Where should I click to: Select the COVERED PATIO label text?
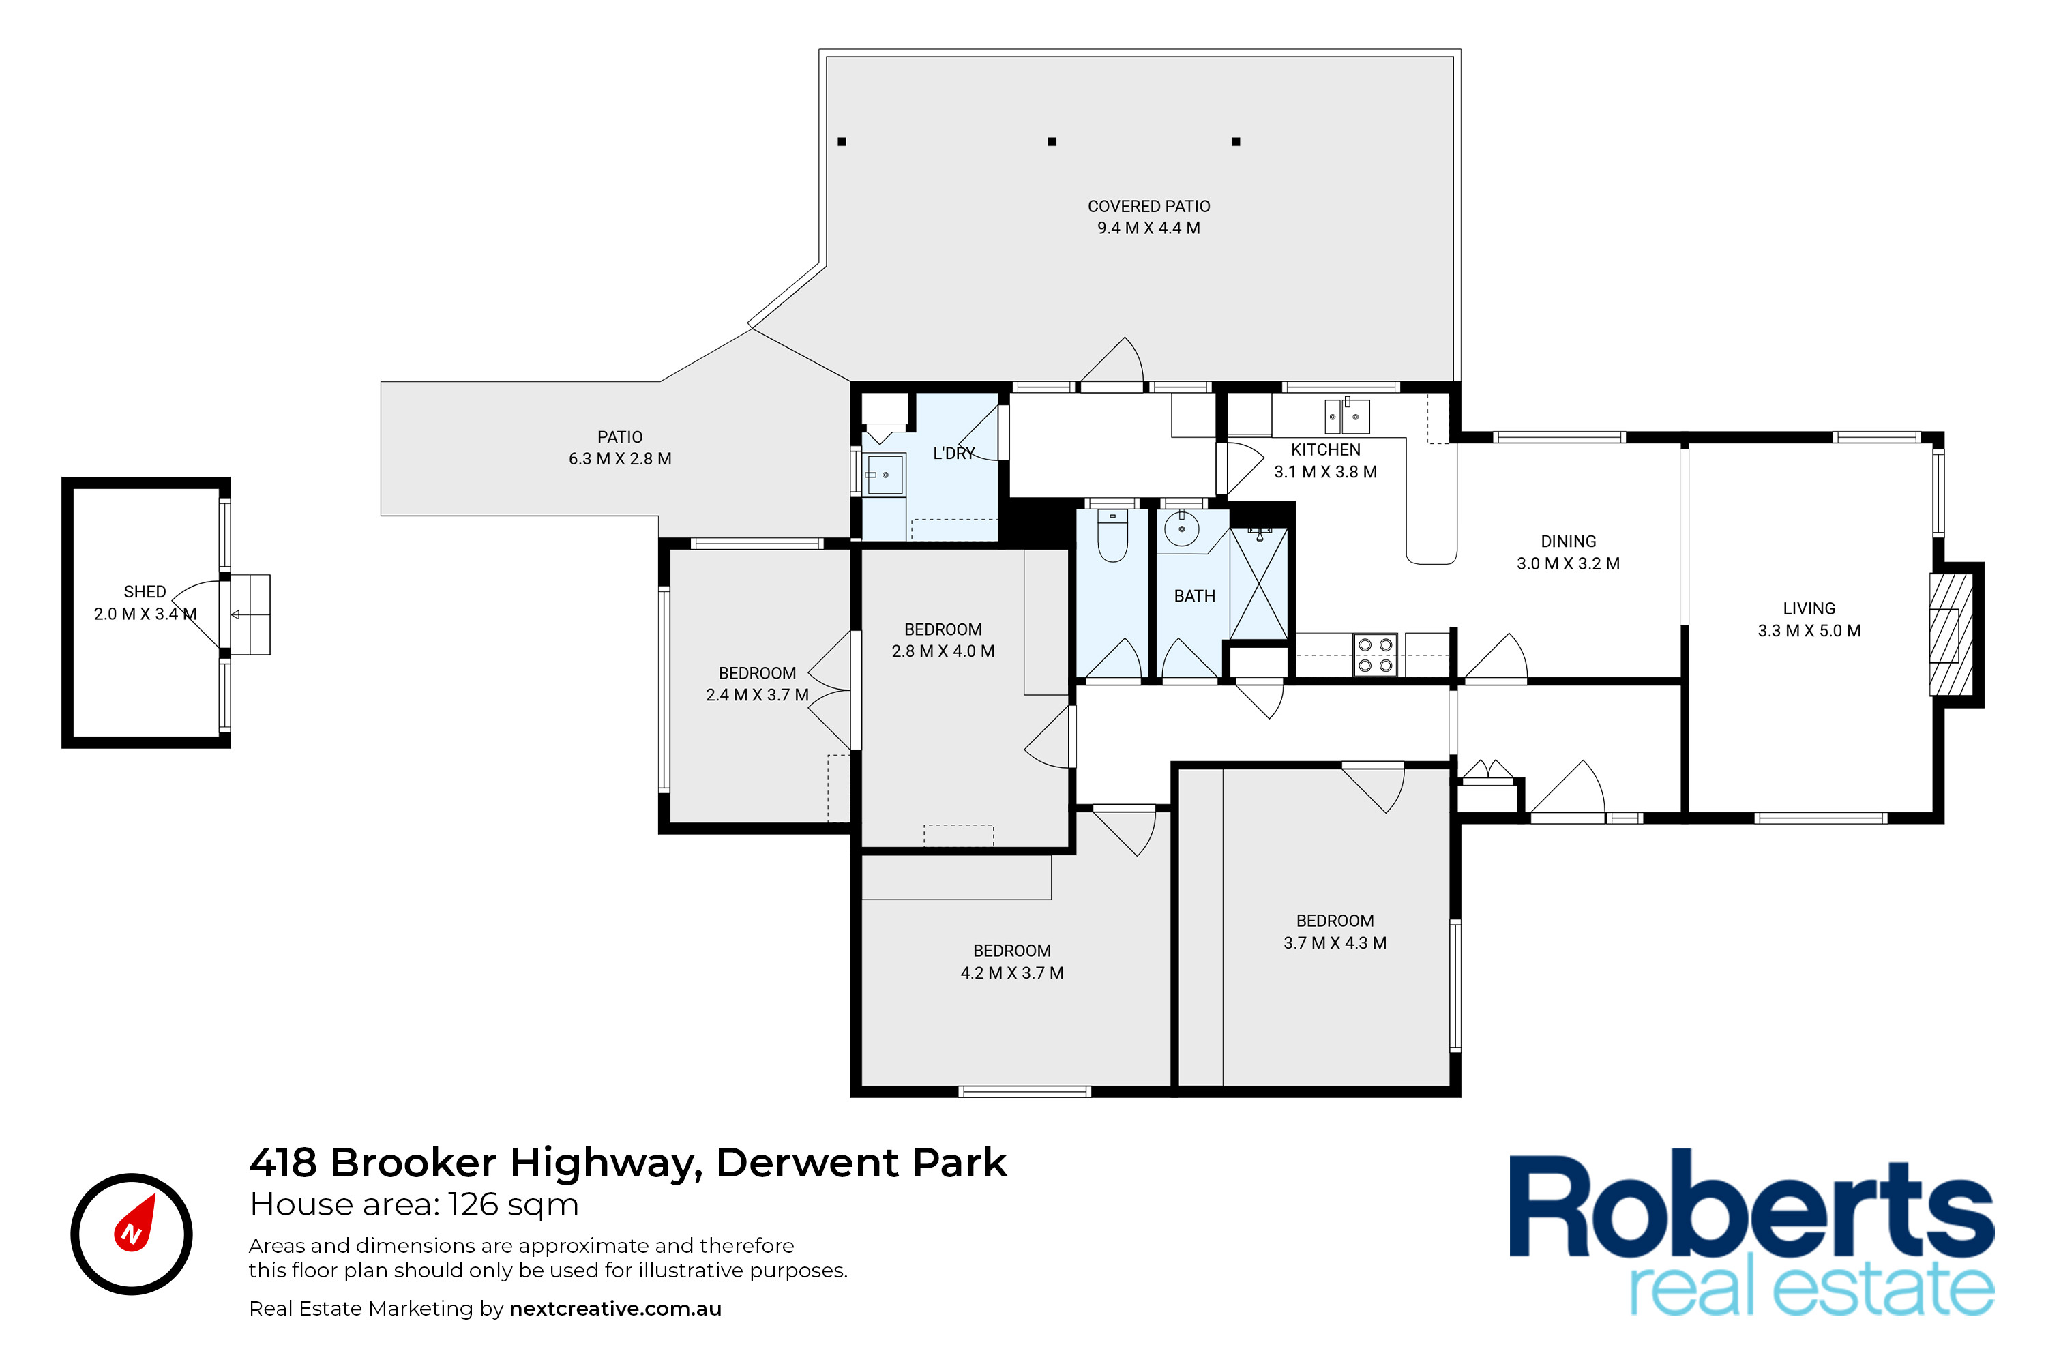point(1148,206)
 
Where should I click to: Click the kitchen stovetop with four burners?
point(1374,655)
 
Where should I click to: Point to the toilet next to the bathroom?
point(1112,535)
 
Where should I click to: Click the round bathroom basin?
point(1181,528)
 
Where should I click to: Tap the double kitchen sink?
point(1346,417)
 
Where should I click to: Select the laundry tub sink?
point(885,475)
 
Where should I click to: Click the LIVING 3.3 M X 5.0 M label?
point(1809,619)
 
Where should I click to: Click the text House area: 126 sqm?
point(414,1205)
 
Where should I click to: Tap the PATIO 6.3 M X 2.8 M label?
point(619,448)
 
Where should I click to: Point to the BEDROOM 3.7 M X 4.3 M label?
point(1335,932)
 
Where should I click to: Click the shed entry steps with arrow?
point(250,614)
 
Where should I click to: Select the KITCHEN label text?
point(1325,449)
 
